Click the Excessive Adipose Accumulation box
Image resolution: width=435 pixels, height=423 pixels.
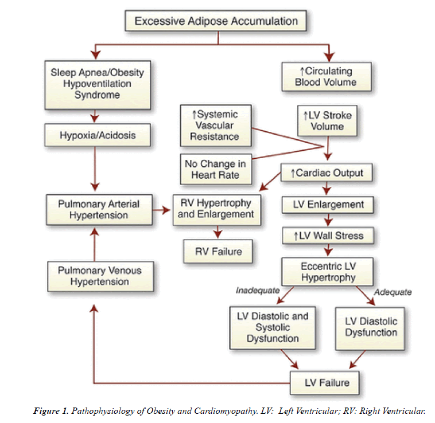(216, 22)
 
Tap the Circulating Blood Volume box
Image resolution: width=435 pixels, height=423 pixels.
(326, 77)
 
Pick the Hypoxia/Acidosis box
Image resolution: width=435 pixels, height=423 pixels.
(98, 136)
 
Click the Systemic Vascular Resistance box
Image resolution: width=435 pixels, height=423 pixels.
(216, 126)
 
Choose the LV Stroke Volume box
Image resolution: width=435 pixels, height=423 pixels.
(327, 121)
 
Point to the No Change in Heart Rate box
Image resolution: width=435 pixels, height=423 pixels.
(215, 170)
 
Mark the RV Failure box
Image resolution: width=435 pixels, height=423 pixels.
(217, 250)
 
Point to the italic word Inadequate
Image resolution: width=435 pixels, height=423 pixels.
(257, 291)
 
